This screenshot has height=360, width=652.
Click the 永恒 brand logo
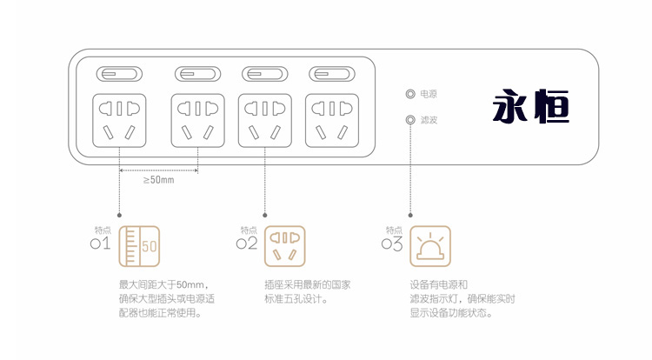tap(531, 106)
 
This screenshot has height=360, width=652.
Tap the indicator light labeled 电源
tap(410, 94)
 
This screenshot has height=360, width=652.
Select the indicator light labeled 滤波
tap(410, 120)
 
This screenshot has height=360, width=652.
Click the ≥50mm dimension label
tap(159, 180)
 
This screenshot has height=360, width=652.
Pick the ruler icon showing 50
tap(139, 246)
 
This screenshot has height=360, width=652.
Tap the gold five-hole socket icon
tap(285, 246)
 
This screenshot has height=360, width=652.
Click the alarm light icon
tap(430, 246)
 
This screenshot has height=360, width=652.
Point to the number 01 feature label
tap(101, 243)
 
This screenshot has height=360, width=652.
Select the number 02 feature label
tap(247, 243)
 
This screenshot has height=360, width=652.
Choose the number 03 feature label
tap(392, 243)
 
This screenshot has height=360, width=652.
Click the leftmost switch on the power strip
tap(119, 75)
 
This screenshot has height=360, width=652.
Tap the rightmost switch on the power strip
tap(332, 75)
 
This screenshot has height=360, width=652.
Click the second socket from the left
tap(198, 121)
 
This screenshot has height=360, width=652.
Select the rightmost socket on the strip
tap(332, 121)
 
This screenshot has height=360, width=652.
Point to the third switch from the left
tap(265, 75)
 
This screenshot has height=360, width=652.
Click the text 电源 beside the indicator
tap(429, 95)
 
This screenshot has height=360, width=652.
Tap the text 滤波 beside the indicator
tap(429, 120)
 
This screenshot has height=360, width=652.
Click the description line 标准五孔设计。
tap(296, 299)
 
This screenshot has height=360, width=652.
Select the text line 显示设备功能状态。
tap(451, 313)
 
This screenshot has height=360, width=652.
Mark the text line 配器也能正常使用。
tap(160, 313)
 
